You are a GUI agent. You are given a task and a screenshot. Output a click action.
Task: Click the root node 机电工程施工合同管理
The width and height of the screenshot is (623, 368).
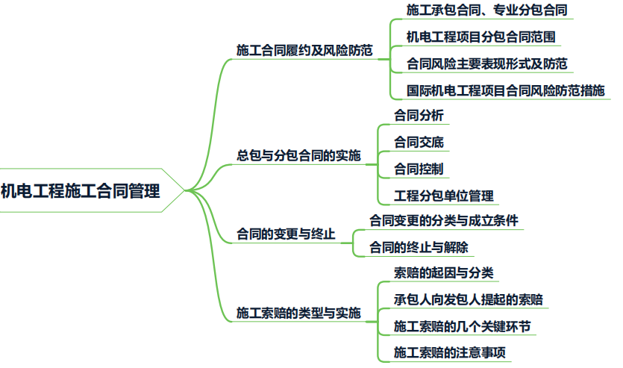pyautogui.click(x=81, y=191)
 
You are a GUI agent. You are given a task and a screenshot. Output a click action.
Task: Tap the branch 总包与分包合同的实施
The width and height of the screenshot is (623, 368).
pyautogui.click(x=298, y=156)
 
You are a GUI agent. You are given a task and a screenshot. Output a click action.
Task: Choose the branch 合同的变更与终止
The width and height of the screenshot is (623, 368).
pyautogui.click(x=286, y=234)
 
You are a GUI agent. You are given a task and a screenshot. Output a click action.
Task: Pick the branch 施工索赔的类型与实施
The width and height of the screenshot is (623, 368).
pyautogui.click(x=298, y=313)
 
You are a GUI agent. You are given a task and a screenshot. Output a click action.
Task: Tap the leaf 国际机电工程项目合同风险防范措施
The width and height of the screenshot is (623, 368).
pyautogui.click(x=505, y=90)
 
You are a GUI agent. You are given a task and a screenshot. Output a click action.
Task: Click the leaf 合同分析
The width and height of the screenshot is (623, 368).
pyautogui.click(x=418, y=116)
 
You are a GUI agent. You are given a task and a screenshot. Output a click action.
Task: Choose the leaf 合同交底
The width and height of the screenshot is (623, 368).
pyautogui.click(x=418, y=143)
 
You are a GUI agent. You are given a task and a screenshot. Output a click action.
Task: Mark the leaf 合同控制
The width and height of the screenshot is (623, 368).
pyautogui.click(x=418, y=169)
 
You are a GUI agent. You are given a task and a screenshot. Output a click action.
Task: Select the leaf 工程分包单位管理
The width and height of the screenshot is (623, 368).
pyautogui.click(x=444, y=196)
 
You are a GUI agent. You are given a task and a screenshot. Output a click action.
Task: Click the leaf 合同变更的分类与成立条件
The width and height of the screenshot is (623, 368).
pyautogui.click(x=444, y=221)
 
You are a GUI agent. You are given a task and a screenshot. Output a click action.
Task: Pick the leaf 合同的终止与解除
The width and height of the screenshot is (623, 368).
pyautogui.click(x=419, y=247)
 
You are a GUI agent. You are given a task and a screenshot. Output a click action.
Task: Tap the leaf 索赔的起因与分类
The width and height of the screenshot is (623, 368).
pyautogui.click(x=443, y=273)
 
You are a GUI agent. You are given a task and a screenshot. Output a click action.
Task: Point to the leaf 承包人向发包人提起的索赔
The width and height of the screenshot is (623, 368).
pyautogui.click(x=469, y=300)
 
